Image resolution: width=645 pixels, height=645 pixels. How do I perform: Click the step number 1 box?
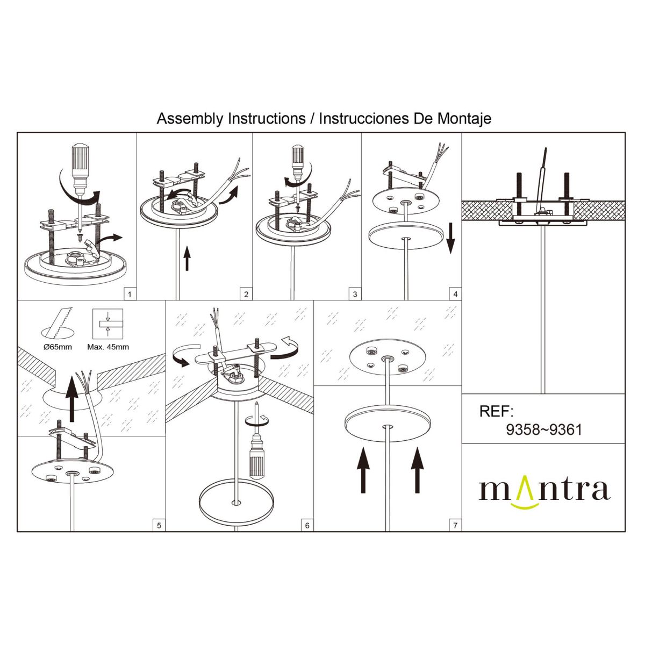click(x=130, y=294)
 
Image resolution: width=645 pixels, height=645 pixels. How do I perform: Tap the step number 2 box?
click(x=246, y=294)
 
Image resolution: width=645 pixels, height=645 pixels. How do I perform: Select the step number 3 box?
click(x=355, y=294)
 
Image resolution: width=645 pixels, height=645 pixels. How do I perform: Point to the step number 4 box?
click(x=455, y=294)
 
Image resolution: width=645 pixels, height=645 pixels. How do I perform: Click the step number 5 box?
click(x=159, y=525)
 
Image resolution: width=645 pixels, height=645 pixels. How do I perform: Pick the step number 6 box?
click(x=307, y=525)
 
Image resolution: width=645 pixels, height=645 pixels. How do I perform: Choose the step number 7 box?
click(x=455, y=525)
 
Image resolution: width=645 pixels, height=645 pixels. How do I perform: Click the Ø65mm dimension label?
click(x=58, y=347)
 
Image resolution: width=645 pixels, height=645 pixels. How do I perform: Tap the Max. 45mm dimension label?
click(x=108, y=347)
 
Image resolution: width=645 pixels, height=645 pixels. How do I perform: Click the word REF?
click(x=497, y=412)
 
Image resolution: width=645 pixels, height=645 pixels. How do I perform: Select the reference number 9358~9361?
click(x=544, y=430)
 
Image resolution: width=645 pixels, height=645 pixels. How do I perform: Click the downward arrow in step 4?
click(x=450, y=240)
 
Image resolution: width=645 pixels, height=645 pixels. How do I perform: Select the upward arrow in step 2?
click(x=187, y=258)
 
